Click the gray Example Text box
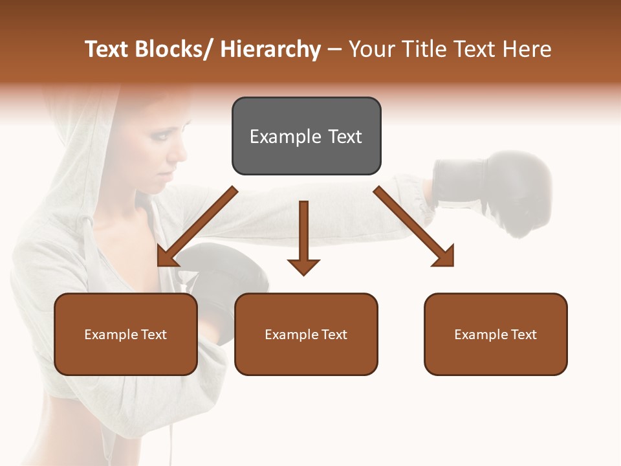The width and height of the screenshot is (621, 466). [x=306, y=136]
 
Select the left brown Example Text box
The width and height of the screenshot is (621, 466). [x=125, y=334]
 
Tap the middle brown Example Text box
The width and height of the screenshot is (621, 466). [x=306, y=334]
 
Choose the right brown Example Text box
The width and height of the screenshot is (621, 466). [x=496, y=334]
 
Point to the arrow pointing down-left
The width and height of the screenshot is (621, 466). [x=196, y=227]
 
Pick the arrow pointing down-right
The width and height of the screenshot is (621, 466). [x=415, y=227]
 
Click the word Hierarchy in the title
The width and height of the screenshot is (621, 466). [x=270, y=49]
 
